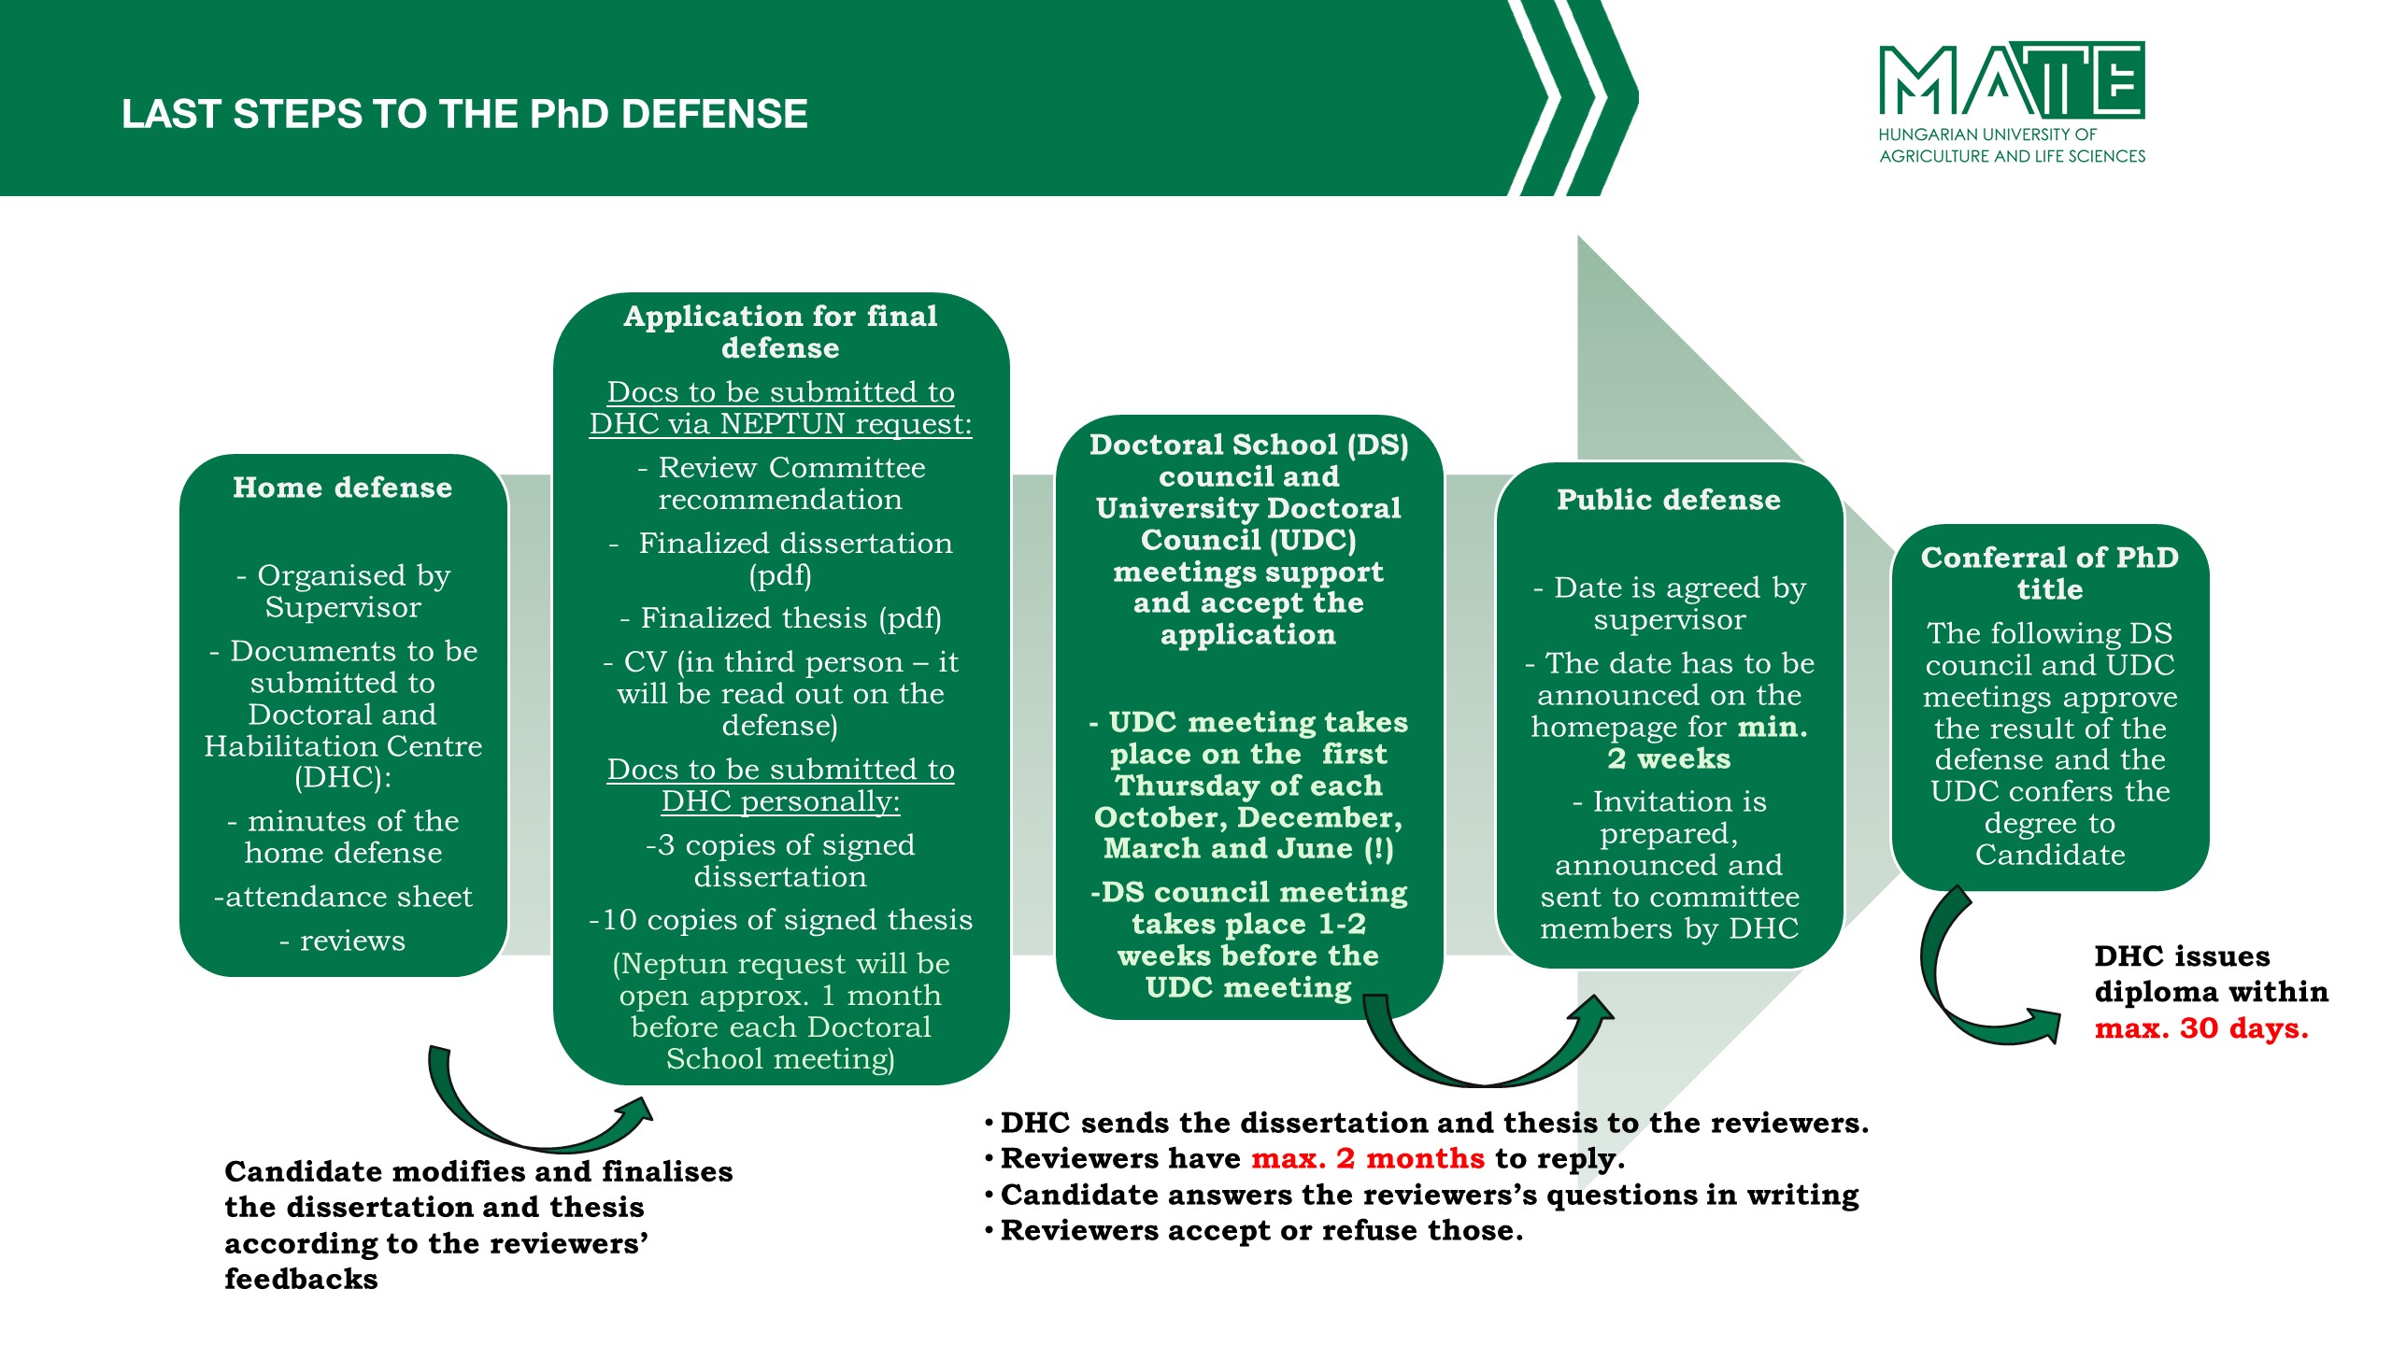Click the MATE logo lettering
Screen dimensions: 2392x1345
click(x=2012, y=78)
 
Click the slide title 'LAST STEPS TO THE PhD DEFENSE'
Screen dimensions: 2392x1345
click(x=464, y=114)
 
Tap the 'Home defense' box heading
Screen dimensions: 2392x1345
click(x=343, y=488)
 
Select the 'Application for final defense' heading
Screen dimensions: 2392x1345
click(x=781, y=332)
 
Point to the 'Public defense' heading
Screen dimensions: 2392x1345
click(x=1669, y=500)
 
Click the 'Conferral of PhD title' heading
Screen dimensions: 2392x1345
click(x=2050, y=573)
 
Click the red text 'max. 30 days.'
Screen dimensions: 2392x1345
click(x=2201, y=1028)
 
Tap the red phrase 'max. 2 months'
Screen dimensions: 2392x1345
click(x=1368, y=1158)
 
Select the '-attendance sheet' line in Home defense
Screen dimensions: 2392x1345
click(x=343, y=897)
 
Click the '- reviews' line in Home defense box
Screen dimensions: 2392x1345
click(x=343, y=941)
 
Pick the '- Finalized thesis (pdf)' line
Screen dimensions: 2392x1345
click(x=781, y=618)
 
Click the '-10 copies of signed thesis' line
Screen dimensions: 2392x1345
click(x=781, y=920)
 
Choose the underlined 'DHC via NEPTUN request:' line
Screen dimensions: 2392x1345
click(x=781, y=424)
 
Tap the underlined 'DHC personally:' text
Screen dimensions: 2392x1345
click(x=781, y=801)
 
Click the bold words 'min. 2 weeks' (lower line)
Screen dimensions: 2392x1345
click(x=1669, y=758)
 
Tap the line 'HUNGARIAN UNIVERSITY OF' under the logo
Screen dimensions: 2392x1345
click(x=1987, y=134)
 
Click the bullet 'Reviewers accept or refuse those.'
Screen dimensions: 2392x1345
click(x=1261, y=1231)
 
